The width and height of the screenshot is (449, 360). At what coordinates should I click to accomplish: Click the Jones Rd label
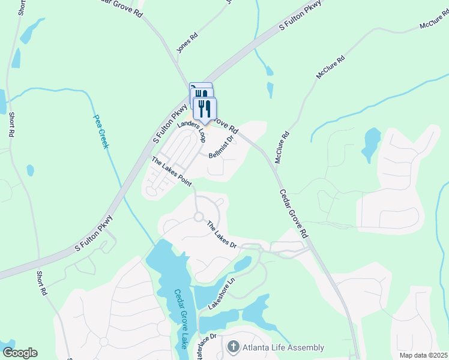[187, 41]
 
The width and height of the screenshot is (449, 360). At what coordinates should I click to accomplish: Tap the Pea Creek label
[100, 132]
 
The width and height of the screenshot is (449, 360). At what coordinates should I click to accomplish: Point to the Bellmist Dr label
[220, 147]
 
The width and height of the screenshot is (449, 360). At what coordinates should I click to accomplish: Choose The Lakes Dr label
[222, 235]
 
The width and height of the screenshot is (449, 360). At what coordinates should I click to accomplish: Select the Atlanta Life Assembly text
[283, 347]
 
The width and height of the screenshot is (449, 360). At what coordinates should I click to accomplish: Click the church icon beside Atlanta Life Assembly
[232, 347]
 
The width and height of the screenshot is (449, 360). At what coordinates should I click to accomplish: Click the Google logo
[20, 353]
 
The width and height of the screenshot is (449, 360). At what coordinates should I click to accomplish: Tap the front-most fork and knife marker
[205, 109]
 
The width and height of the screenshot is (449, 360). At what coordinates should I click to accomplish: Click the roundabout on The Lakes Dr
[198, 217]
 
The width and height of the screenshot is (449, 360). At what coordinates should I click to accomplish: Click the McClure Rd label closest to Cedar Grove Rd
[282, 148]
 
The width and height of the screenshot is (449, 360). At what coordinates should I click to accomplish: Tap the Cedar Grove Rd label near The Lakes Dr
[294, 214]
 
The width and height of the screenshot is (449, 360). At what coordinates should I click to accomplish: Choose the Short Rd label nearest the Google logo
[41, 283]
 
